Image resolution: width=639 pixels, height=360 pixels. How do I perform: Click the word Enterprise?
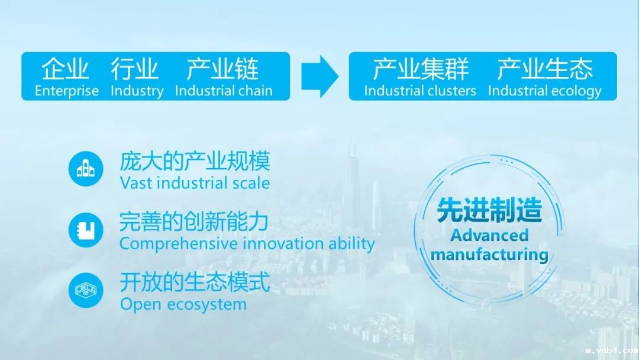click(x=67, y=91)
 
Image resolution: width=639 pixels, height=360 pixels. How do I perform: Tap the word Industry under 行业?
click(x=137, y=91)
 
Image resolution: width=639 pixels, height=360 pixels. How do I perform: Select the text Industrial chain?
click(x=224, y=91)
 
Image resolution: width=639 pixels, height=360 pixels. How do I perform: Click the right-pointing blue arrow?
click(x=320, y=76)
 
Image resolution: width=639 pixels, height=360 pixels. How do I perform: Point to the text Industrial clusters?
click(x=420, y=91)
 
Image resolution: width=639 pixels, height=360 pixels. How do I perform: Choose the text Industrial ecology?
click(x=545, y=91)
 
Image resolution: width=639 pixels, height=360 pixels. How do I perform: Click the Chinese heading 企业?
click(x=65, y=69)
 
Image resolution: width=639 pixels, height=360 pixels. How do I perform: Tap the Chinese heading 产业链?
click(x=222, y=69)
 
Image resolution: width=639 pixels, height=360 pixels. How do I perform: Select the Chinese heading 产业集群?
click(x=421, y=69)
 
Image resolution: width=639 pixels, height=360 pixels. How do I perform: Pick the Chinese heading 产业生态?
click(x=545, y=69)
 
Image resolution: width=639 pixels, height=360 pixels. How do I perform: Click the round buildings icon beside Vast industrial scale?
click(x=86, y=169)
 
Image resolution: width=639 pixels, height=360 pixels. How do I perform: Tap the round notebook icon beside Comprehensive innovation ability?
click(x=86, y=230)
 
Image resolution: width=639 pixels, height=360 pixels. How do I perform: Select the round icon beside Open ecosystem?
click(x=86, y=290)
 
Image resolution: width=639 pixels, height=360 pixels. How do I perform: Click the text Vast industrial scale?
click(x=195, y=183)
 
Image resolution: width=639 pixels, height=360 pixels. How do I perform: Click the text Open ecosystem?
click(x=183, y=304)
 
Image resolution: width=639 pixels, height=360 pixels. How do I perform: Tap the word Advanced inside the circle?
click(x=489, y=235)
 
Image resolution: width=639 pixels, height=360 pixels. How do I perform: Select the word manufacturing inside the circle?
click(x=489, y=255)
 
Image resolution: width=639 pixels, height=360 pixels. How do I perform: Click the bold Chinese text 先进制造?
click(x=489, y=210)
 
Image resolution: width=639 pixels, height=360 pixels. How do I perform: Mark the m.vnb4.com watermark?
click(x=612, y=351)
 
